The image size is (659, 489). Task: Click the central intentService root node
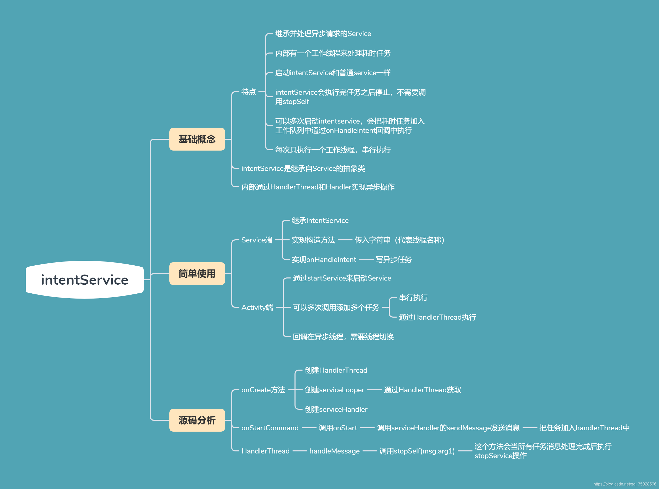coord(85,280)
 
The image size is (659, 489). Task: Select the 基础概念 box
coord(197,139)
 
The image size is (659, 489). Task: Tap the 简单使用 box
coord(197,274)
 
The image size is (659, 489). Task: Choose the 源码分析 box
coord(197,420)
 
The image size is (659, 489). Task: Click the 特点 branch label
coord(248,92)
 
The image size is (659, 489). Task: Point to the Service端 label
coord(257,240)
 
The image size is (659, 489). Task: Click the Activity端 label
coord(257,307)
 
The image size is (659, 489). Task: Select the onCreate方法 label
coord(263,390)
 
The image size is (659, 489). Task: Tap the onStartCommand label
coord(270,428)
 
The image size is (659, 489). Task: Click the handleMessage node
coord(334,451)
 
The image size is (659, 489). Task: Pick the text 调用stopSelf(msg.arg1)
coord(417,451)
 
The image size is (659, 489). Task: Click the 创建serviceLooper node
coord(334,390)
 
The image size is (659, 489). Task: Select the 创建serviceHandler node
coord(336,409)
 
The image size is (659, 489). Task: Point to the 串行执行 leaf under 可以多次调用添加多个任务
coord(413,298)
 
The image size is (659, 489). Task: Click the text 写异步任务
coord(393,260)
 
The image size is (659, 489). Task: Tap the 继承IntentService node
coord(320,221)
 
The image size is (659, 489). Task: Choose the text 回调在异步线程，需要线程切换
coord(343,337)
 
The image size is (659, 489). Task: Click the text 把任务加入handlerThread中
coord(584,428)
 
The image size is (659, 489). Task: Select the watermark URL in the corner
coord(625,484)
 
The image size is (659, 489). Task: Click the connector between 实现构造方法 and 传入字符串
coord(345,240)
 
